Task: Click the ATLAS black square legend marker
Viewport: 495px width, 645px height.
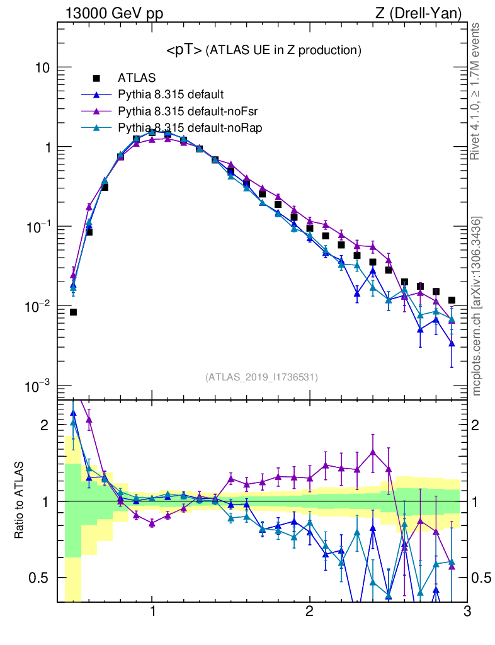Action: pos(97,79)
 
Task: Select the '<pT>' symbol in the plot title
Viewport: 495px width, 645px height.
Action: pos(184,50)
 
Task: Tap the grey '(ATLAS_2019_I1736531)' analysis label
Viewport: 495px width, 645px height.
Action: pos(261,377)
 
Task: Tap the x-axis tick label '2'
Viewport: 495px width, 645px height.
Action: pos(309,612)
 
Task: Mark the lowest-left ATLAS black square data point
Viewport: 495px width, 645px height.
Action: pos(73,312)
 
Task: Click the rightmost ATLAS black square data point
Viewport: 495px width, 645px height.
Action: pos(452,300)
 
